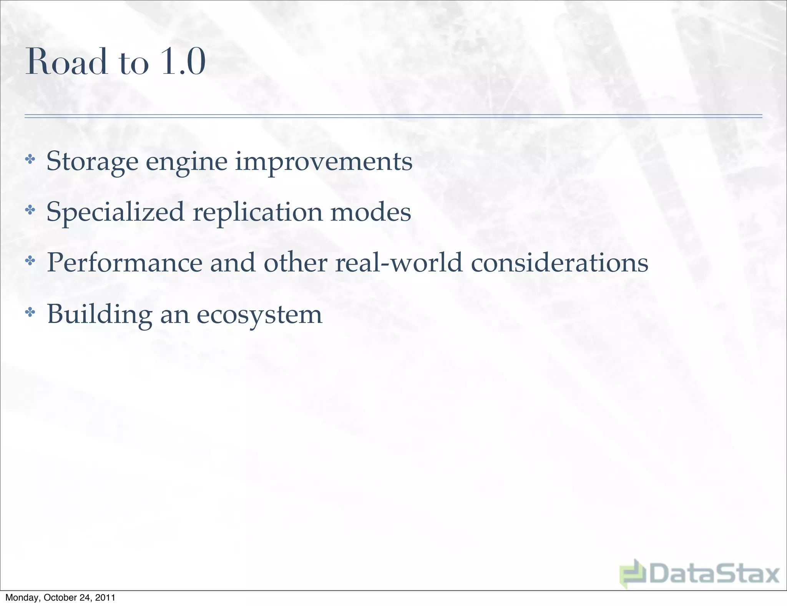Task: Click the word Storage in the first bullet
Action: pyautogui.click(x=92, y=161)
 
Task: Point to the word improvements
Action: pyautogui.click(x=324, y=161)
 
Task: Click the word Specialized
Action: pyautogui.click(x=115, y=213)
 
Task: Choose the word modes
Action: pyautogui.click(x=371, y=212)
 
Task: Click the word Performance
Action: pyautogui.click(x=125, y=263)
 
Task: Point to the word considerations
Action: pyautogui.click(x=560, y=263)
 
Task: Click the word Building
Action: pyautogui.click(x=100, y=315)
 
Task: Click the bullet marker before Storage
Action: pyautogui.click(x=30, y=159)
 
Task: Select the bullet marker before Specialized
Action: pyautogui.click(x=30, y=210)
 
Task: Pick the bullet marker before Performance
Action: pyautogui.click(x=30, y=261)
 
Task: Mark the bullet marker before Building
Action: pyautogui.click(x=30, y=313)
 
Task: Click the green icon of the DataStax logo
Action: pyautogui.click(x=633, y=573)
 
